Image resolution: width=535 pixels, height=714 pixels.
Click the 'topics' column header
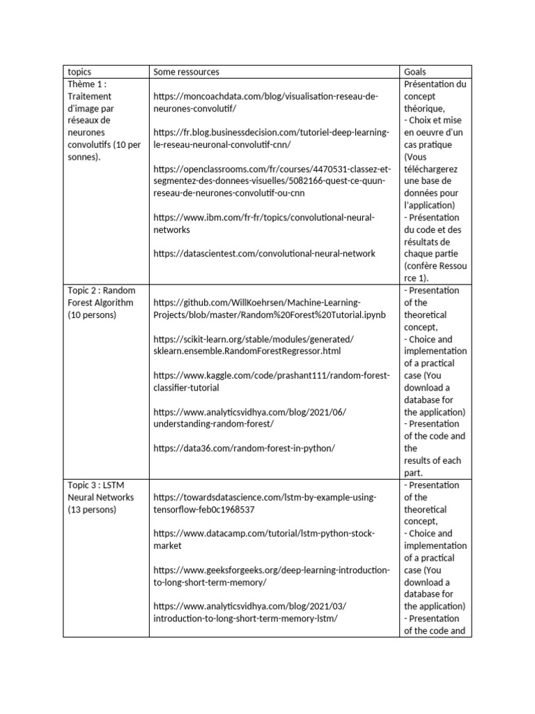click(79, 72)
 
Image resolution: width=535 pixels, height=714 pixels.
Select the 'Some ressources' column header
click(186, 72)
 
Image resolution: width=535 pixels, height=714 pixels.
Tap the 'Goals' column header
click(415, 72)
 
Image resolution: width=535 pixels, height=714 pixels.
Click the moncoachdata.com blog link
click(265, 102)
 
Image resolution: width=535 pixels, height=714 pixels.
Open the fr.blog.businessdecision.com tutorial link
click(270, 139)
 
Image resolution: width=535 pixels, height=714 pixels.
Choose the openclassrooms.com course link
click(272, 181)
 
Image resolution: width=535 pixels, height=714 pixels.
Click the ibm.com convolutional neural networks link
click(263, 224)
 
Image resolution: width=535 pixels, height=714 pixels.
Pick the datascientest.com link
click(264, 254)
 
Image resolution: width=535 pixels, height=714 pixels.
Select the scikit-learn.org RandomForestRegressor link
click(254, 345)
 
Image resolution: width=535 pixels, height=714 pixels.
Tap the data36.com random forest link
click(244, 448)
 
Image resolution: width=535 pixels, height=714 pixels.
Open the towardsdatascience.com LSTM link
click(264, 503)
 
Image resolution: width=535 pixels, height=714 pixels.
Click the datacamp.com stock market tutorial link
click(263, 540)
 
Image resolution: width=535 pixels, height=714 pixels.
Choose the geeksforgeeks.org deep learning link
click(271, 576)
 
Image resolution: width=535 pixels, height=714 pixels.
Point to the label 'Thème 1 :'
click(86, 84)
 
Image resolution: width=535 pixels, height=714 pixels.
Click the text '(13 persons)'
click(92, 510)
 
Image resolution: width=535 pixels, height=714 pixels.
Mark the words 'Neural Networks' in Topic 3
click(100, 497)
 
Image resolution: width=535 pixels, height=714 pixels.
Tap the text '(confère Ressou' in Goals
click(435, 266)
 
